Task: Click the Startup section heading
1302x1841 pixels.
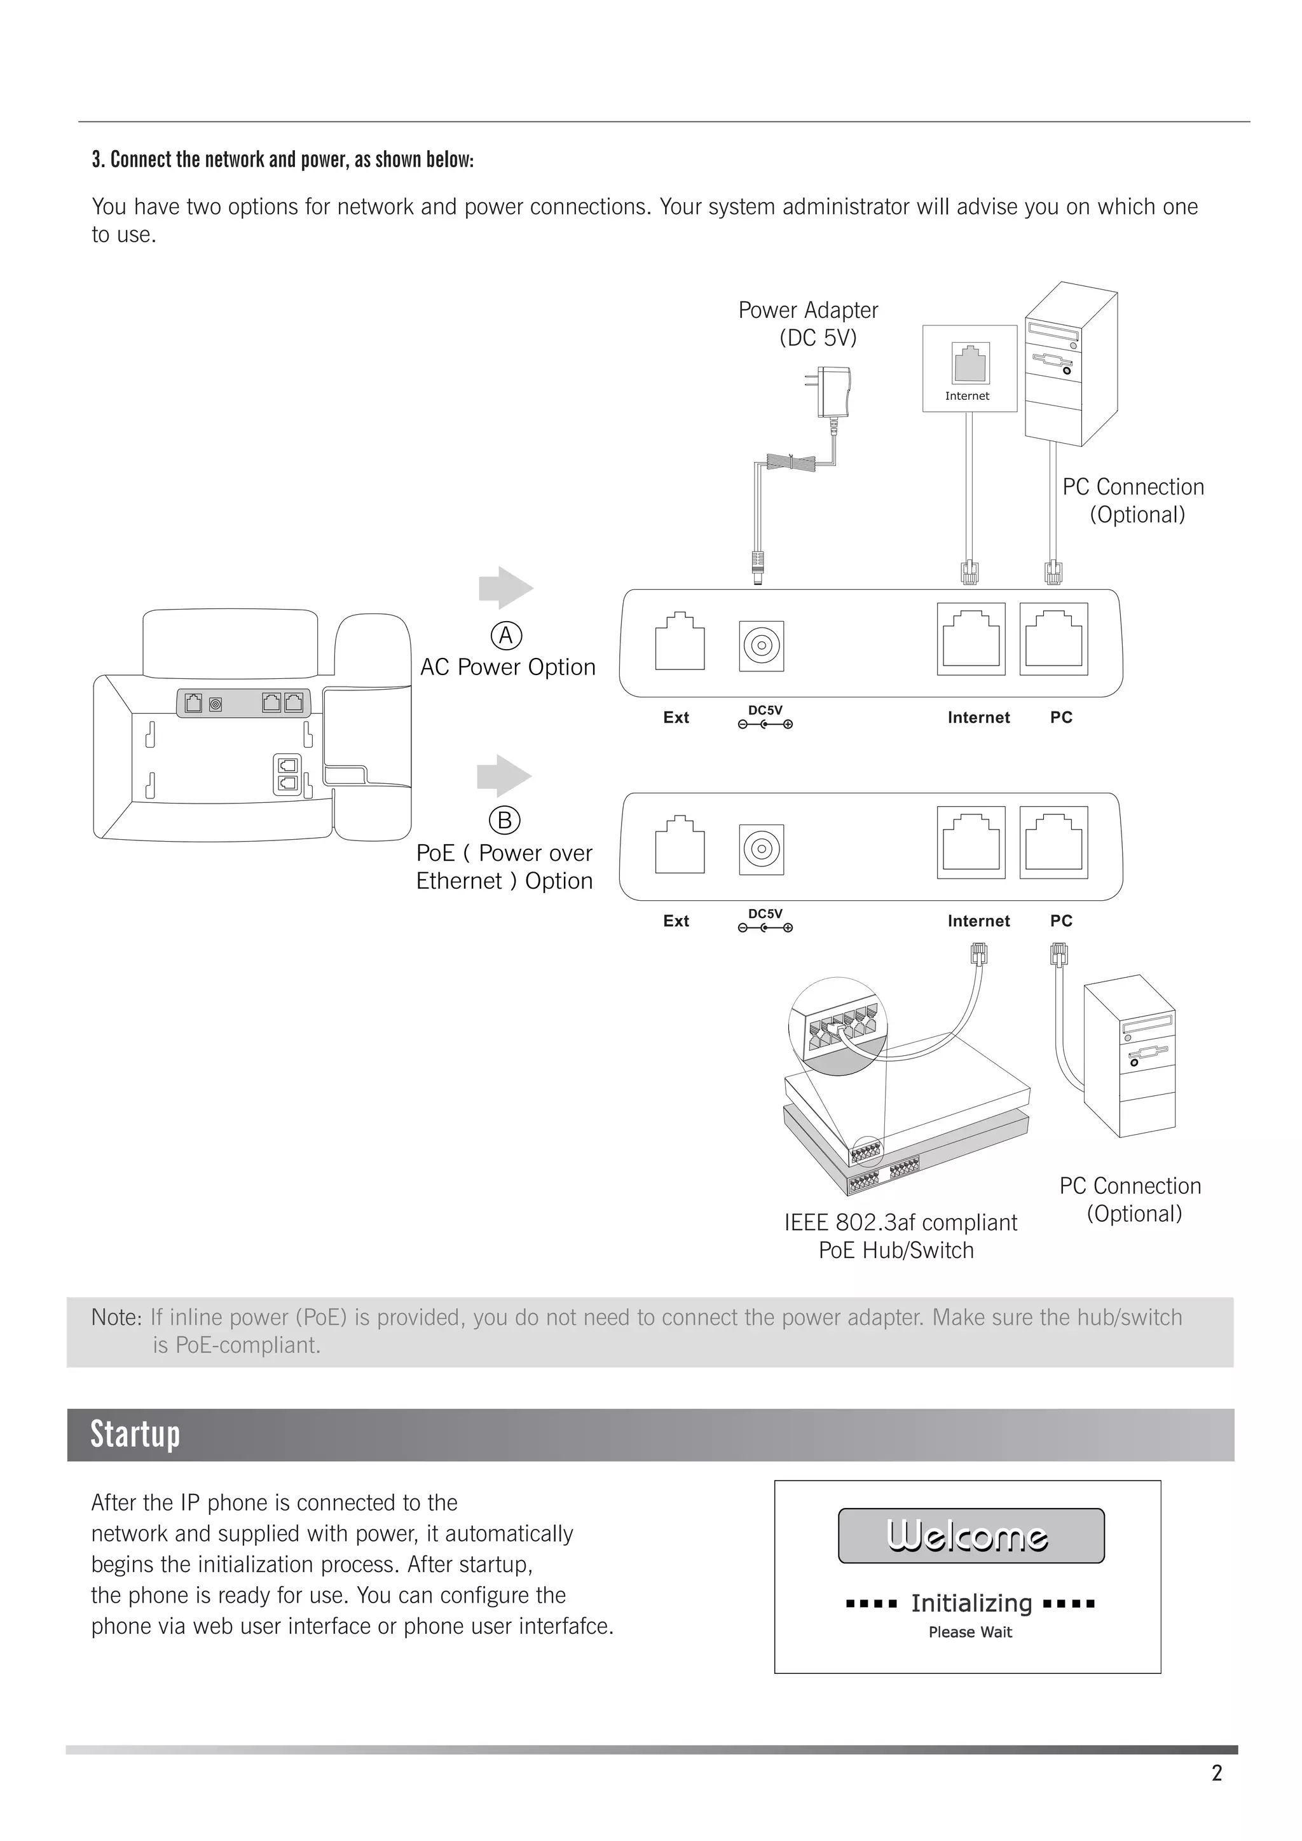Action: pyautogui.click(x=135, y=1435)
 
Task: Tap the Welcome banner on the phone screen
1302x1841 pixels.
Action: pyautogui.click(x=971, y=1535)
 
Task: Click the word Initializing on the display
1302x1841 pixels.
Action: pyautogui.click(x=971, y=1603)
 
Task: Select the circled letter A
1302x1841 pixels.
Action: pyautogui.click(x=506, y=636)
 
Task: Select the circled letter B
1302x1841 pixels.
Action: pyautogui.click(x=505, y=820)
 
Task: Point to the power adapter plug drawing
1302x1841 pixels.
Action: pyautogui.click(x=832, y=393)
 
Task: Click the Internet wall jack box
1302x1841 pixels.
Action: pyautogui.click(x=970, y=369)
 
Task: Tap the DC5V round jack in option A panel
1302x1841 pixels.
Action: pyautogui.click(x=761, y=645)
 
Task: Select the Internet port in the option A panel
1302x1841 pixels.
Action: pyautogui.click(x=971, y=639)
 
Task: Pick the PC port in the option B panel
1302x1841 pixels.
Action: pyautogui.click(x=1053, y=843)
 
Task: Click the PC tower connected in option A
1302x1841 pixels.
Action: pyautogui.click(x=1071, y=365)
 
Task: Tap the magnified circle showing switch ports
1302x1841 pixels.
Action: pyautogui.click(x=838, y=1025)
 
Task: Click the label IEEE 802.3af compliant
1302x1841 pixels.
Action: pyautogui.click(x=900, y=1223)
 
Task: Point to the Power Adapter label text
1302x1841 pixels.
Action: pyautogui.click(x=808, y=310)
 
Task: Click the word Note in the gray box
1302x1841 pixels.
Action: pyautogui.click(x=114, y=1317)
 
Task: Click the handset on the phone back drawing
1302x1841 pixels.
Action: pyautogui.click(x=373, y=722)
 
